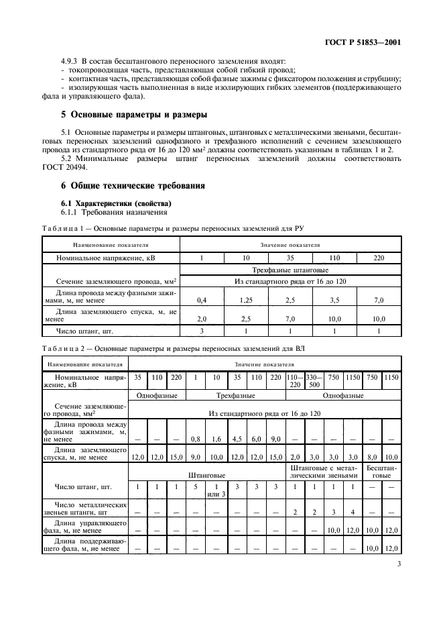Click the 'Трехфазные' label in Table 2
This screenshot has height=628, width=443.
click(227, 396)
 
